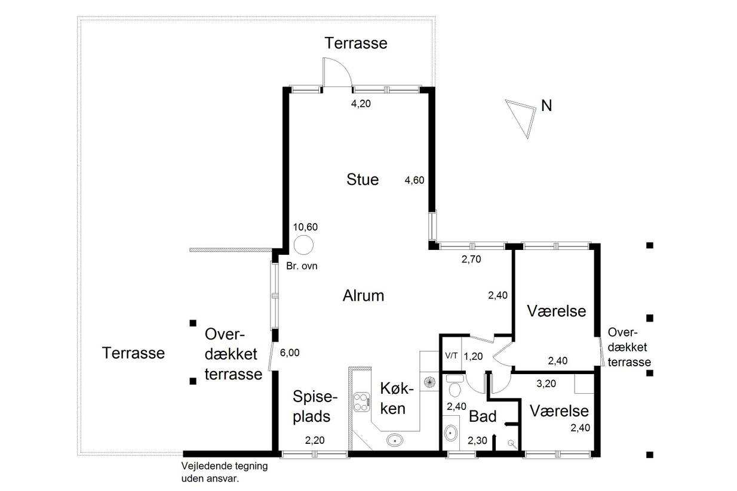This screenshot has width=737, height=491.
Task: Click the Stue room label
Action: pyautogui.click(x=363, y=180)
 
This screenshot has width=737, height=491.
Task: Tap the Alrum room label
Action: pyautogui.click(x=363, y=296)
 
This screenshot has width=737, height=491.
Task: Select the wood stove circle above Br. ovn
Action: pyautogui.click(x=303, y=245)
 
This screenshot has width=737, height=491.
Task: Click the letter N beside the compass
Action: pyautogui.click(x=546, y=106)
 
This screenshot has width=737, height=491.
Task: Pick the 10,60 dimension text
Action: pyautogui.click(x=305, y=227)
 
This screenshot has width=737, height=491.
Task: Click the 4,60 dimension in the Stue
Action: pyautogui.click(x=414, y=180)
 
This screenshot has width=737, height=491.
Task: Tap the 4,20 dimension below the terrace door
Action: pyautogui.click(x=361, y=104)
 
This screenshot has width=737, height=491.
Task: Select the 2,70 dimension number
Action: pyautogui.click(x=471, y=260)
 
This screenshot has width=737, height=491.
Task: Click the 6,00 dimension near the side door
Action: pyautogui.click(x=290, y=353)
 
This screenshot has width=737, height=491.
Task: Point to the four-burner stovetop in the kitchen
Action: pyautogui.click(x=362, y=402)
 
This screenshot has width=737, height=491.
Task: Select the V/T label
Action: pyautogui.click(x=451, y=355)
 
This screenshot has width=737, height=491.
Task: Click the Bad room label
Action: pyautogui.click(x=483, y=416)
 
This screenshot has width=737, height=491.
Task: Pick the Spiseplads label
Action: pyautogui.click(x=315, y=406)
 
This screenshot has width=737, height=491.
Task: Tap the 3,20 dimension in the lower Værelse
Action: pyautogui.click(x=546, y=384)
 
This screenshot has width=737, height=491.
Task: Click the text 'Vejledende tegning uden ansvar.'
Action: pyautogui.click(x=225, y=473)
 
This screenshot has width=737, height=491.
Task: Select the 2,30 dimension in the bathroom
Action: pyautogui.click(x=477, y=441)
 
